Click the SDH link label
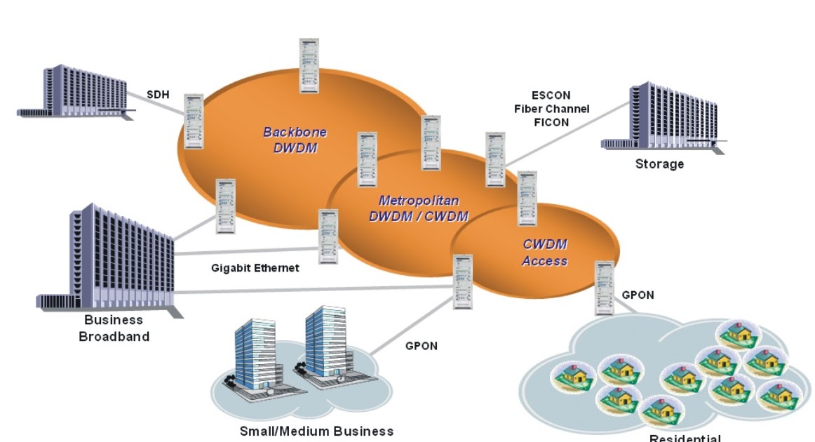(159, 94)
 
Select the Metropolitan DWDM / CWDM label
(419, 208)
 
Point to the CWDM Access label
(545, 253)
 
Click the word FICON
(551, 122)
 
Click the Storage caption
(659, 164)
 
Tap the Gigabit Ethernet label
(255, 268)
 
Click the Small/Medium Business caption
(316, 431)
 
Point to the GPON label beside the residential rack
(638, 295)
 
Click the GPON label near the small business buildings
(422, 345)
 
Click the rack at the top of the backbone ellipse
(310, 65)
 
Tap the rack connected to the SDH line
(194, 121)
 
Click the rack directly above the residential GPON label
(603, 288)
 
